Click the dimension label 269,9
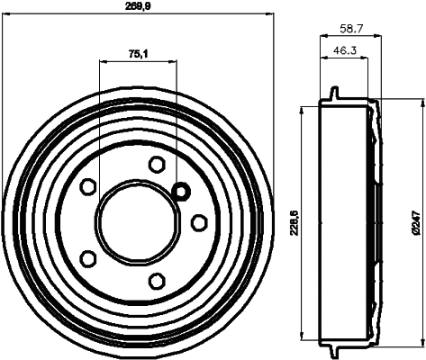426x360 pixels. tap(137, 5)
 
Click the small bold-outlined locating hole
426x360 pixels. tap(179, 191)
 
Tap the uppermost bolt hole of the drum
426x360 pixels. tap(157, 164)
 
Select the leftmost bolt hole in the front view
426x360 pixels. tap(88, 186)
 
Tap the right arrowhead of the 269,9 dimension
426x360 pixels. tap(267, 13)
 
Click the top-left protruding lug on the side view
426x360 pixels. tap(334, 94)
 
